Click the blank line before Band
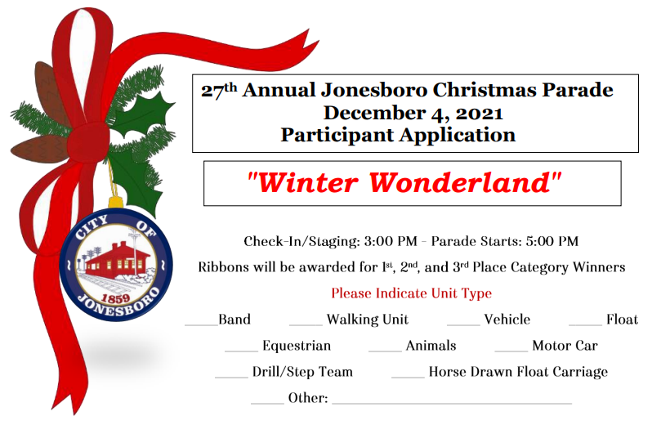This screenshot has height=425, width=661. coord(202,325)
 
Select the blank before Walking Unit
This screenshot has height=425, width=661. coord(306,325)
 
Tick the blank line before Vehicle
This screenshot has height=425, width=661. coord(464,325)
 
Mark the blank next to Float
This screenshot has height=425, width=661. coord(586,325)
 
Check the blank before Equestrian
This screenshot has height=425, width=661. coord(242,351)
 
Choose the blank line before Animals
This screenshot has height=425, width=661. coord(386,351)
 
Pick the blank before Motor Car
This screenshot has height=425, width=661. coord(511,351)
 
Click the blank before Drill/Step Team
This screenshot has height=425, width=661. coord(232,378)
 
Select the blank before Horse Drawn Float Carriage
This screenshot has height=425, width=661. coord(408,378)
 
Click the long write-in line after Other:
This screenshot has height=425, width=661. coord(452,404)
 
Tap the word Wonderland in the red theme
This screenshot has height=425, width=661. coord(460,182)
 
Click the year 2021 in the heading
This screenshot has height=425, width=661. coord(480,113)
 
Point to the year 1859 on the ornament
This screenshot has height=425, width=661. coord(115,298)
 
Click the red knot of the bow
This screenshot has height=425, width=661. coord(88,142)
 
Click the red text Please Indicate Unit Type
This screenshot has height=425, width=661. coord(412,293)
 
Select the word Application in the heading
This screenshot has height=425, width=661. coord(458,136)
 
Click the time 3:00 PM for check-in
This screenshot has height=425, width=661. coord(391,241)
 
